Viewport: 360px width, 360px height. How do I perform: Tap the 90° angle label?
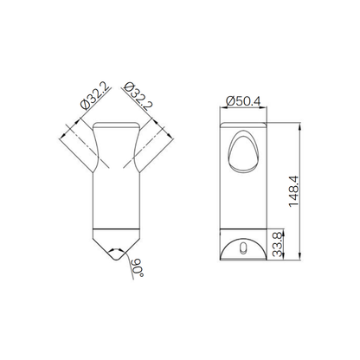click(135, 267)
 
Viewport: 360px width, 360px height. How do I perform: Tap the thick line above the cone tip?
click(115, 228)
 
